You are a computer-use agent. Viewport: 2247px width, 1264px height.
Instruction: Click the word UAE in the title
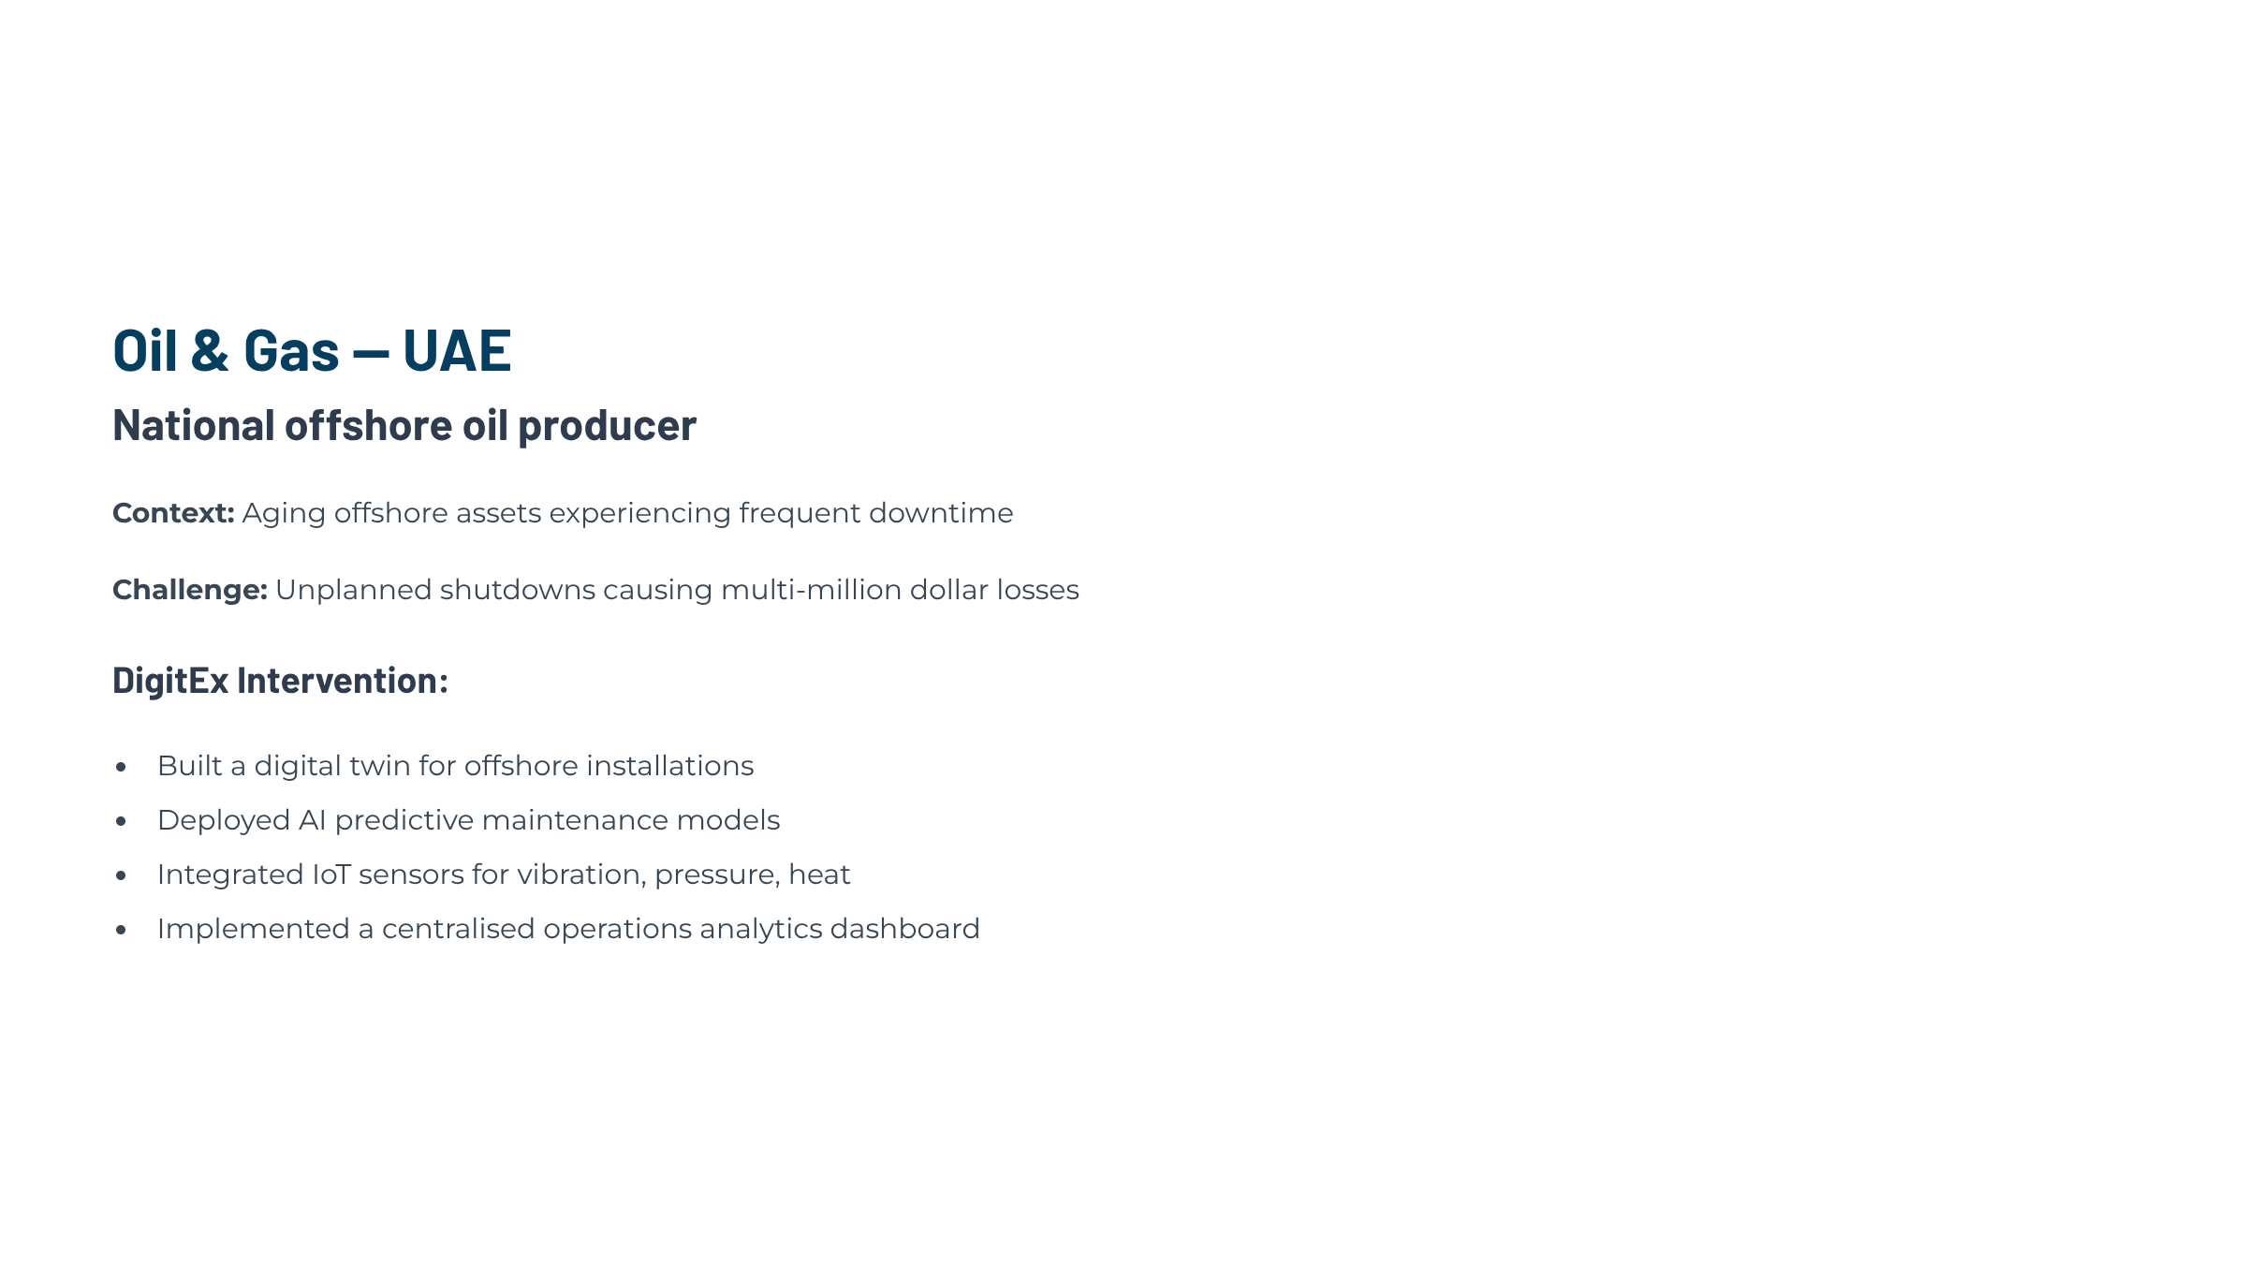click(457, 350)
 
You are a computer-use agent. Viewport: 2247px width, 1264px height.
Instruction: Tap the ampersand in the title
click(210, 350)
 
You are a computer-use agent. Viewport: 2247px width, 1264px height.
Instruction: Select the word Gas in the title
click(291, 350)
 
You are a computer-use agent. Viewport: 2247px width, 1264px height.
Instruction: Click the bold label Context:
click(173, 513)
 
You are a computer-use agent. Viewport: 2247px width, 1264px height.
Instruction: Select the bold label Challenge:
click(190, 591)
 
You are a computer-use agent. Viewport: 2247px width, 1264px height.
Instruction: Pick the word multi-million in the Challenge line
click(812, 590)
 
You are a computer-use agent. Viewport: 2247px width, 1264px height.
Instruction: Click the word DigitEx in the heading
click(170, 681)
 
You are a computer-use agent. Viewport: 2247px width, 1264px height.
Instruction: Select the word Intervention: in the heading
click(343, 680)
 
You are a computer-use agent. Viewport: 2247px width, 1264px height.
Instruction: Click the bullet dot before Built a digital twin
click(121, 768)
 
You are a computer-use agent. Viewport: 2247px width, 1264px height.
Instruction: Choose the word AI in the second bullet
click(312, 820)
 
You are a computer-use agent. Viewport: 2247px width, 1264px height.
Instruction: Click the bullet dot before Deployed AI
click(121, 822)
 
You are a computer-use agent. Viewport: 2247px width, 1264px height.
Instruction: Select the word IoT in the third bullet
click(331, 875)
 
